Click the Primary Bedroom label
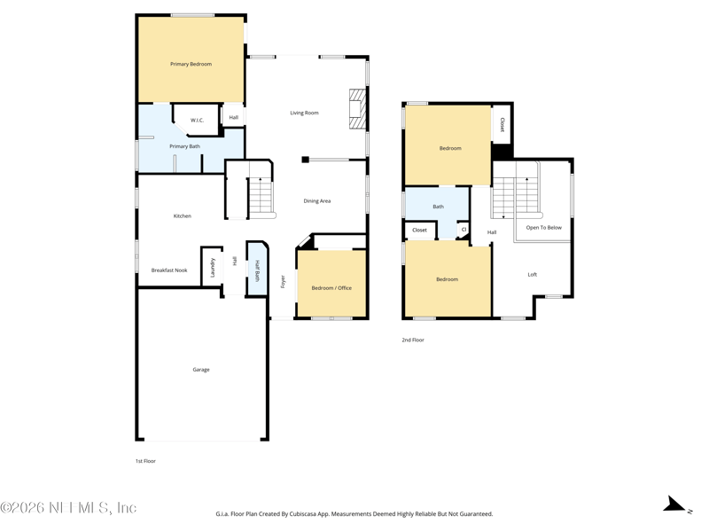coord(191,64)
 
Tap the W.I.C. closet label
coord(197,121)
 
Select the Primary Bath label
coord(184,146)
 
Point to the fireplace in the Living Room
coord(357,109)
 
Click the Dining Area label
coord(317,201)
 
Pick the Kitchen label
coord(183,216)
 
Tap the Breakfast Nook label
coord(169,270)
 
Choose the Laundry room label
coord(213,268)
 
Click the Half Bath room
coord(257,270)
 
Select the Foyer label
coord(283,281)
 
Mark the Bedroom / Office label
coord(331,288)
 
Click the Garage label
coord(201,370)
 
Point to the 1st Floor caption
coord(145,461)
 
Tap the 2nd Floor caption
coord(413,340)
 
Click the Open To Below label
coord(544,228)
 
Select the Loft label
coord(533,275)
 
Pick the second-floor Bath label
coord(438,207)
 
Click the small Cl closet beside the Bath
coord(464,231)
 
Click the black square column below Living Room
coord(305,160)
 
